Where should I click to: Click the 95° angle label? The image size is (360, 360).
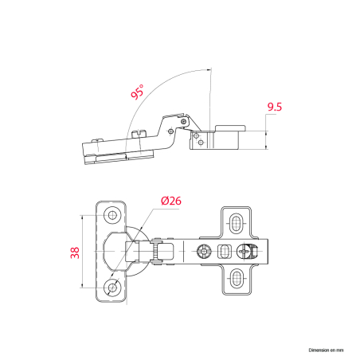[138, 92]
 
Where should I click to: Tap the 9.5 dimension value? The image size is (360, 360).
[275, 107]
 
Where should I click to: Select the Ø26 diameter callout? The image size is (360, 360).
[171, 201]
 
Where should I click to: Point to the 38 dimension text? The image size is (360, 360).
[75, 252]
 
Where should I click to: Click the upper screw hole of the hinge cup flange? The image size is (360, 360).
[112, 215]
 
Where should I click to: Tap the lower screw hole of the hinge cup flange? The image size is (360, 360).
[112, 287]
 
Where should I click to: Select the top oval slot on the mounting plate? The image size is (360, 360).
[236, 224]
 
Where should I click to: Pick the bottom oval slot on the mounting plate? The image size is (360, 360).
[236, 278]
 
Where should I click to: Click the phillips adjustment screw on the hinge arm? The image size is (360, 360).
[244, 251]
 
